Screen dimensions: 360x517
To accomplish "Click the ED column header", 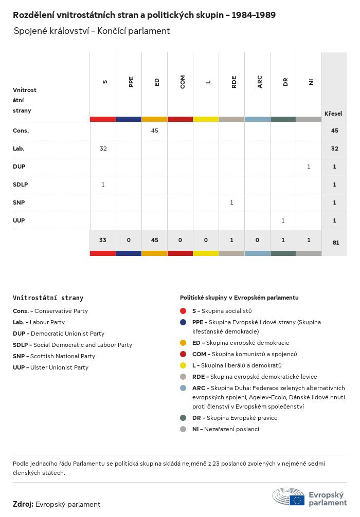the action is tap(157, 82).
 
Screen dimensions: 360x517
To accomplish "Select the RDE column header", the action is tap(234, 82).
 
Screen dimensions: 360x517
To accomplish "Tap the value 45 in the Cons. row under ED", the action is tap(154, 131).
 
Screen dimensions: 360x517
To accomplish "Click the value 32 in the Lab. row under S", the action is tap(103, 149).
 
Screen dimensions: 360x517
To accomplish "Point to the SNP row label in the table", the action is tap(19, 202).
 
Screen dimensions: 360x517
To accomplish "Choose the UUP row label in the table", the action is tap(19, 220).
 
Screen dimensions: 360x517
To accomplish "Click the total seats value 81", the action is tap(336, 243).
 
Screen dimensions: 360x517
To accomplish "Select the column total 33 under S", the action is tap(103, 240).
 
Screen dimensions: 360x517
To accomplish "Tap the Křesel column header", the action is tap(333, 114).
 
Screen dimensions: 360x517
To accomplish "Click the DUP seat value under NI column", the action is tap(309, 167).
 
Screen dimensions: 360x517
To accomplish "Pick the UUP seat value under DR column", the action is tap(283, 220).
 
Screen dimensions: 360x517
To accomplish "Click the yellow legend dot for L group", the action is tap(183, 365).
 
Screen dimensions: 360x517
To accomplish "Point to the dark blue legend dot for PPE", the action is tap(183, 322).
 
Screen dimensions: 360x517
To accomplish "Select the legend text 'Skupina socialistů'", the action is tap(226, 311).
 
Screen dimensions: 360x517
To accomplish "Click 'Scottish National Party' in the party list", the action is tap(63, 356).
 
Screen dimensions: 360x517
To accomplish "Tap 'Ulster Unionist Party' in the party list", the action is tap(59, 367).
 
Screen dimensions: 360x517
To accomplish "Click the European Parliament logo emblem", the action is tap(289, 496).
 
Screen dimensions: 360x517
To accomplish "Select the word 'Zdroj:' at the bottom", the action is tap(23, 504).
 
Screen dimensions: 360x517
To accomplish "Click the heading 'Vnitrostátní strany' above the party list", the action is tap(48, 298).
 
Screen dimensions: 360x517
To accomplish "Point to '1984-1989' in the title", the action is tap(254, 15).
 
